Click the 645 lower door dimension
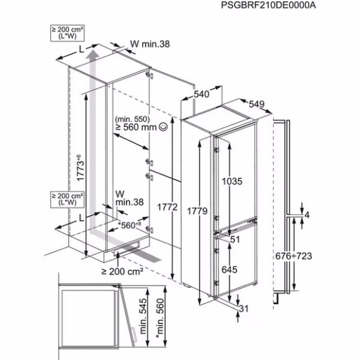pos(230,271)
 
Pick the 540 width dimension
pos(201,94)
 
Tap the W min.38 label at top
pos(150,44)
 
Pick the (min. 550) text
pos(133,117)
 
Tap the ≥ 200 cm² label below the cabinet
pos(123,271)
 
